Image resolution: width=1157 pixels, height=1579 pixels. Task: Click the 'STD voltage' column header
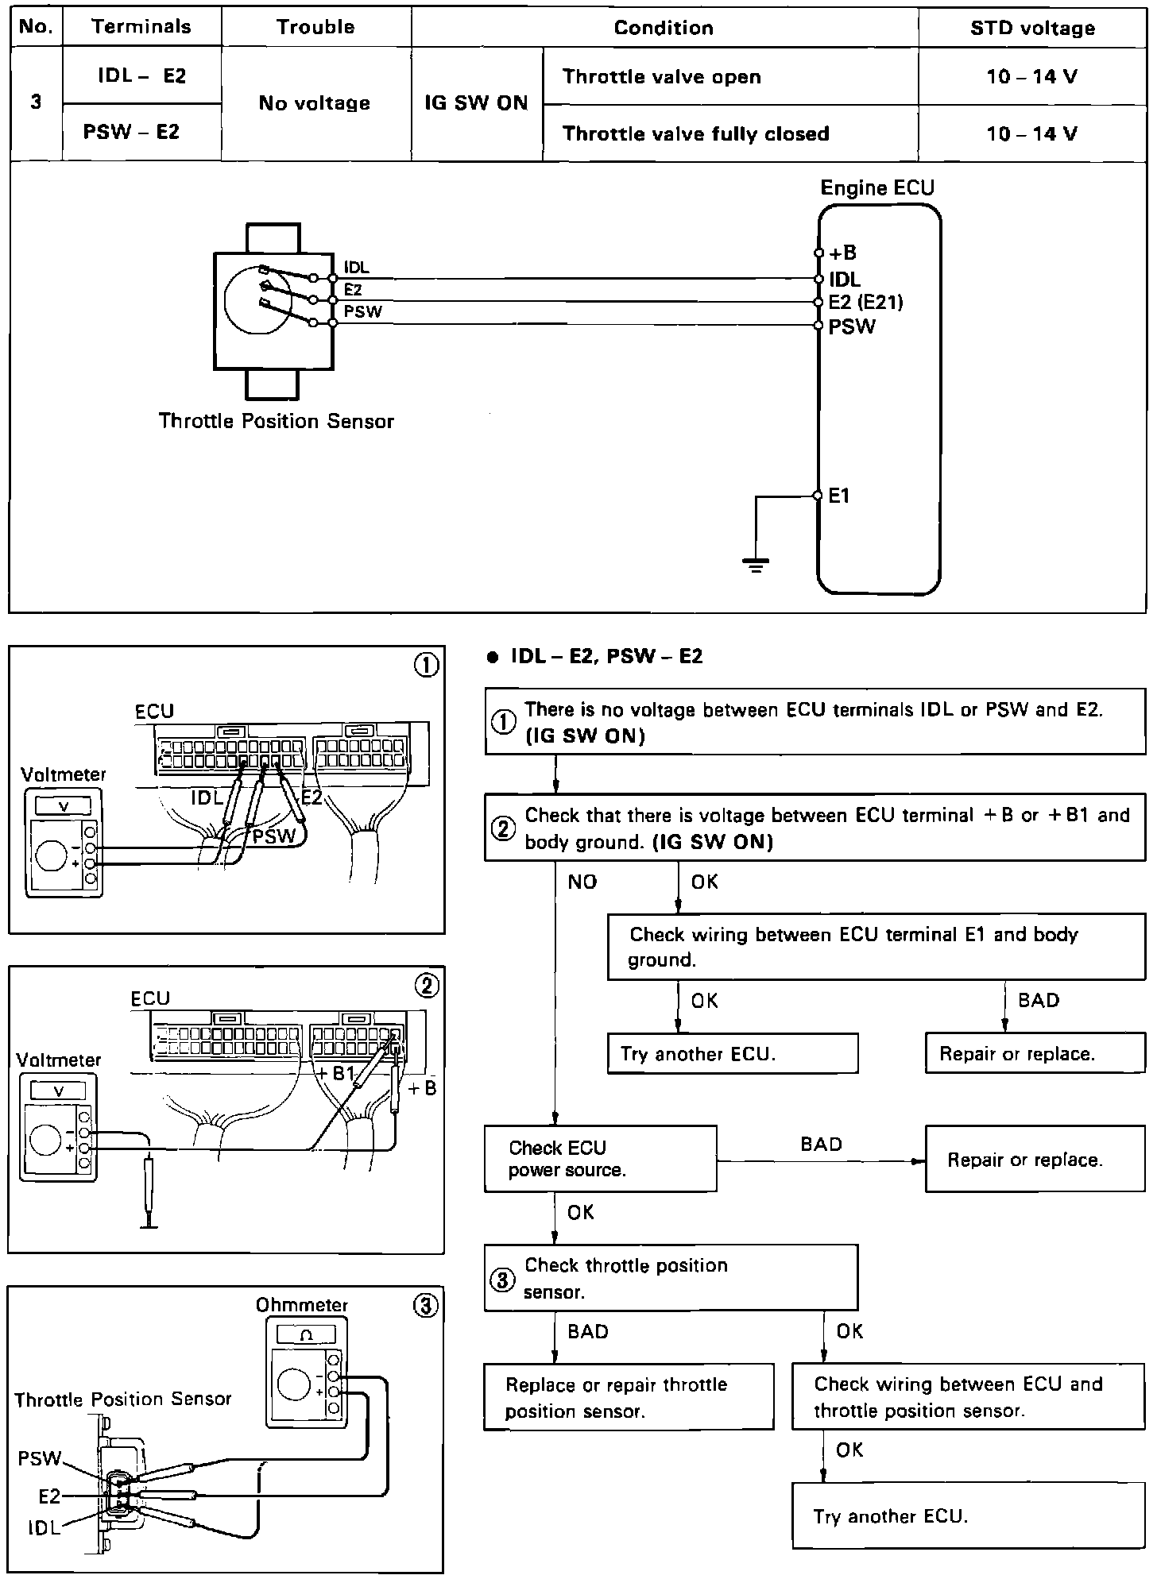1032,29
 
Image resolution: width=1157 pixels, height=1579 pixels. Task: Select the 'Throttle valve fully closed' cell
695,133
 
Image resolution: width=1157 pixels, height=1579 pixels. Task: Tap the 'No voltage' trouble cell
315,103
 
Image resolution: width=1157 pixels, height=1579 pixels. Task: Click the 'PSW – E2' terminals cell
131,132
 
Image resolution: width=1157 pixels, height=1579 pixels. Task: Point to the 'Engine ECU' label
877,188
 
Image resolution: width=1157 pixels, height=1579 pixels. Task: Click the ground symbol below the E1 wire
755,565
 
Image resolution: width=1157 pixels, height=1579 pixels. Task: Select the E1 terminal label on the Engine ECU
839,496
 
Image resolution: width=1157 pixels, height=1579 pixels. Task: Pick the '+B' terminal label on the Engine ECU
842,253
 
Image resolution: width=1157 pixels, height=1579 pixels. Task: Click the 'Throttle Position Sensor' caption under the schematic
276,421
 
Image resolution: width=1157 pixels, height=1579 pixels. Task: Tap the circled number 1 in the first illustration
427,666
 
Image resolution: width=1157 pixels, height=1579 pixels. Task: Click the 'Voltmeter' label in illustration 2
58,1060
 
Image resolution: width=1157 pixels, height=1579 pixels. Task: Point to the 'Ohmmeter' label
302,1305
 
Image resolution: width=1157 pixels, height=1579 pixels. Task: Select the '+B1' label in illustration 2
337,1073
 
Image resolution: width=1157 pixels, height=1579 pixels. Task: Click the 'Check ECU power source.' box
600,1158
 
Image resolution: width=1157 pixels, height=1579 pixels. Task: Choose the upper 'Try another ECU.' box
732,1053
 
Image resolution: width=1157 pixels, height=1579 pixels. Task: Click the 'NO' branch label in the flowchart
582,882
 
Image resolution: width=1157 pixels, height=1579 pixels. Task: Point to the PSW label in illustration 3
39,1458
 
